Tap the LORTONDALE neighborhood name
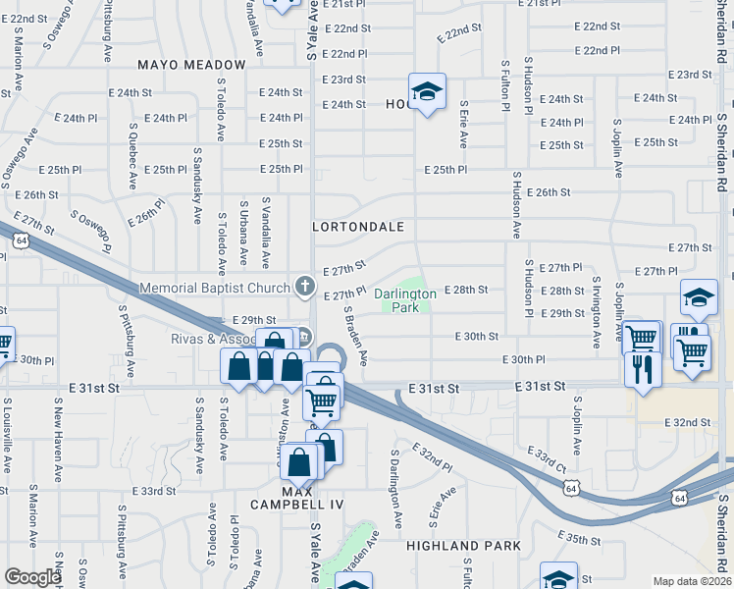point(359,227)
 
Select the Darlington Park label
point(405,300)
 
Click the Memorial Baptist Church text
point(215,288)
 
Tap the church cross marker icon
point(305,288)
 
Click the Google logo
point(32,577)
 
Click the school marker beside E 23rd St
point(427,92)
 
